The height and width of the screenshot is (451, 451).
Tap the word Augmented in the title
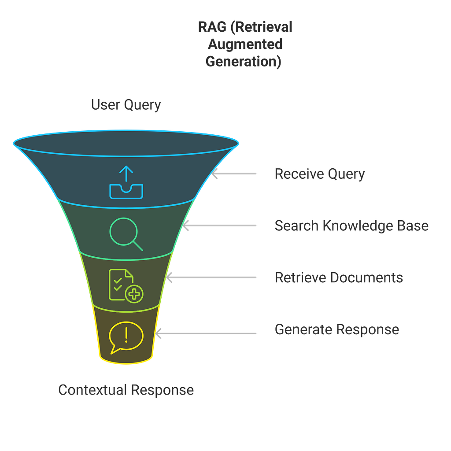[x=244, y=44]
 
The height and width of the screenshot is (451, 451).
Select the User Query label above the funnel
[x=126, y=105]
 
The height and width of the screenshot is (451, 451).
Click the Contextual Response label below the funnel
[x=126, y=390]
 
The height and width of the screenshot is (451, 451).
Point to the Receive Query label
[x=320, y=174]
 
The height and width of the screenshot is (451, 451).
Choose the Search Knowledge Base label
[x=351, y=226]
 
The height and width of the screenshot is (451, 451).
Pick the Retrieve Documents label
[x=338, y=278]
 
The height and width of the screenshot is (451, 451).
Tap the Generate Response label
[x=337, y=330]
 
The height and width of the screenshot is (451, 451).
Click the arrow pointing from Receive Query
[x=234, y=174]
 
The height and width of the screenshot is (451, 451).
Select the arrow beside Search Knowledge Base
[x=220, y=226]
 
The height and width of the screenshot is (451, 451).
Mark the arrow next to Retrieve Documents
[x=211, y=278]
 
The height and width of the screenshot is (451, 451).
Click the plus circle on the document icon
[x=134, y=294]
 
